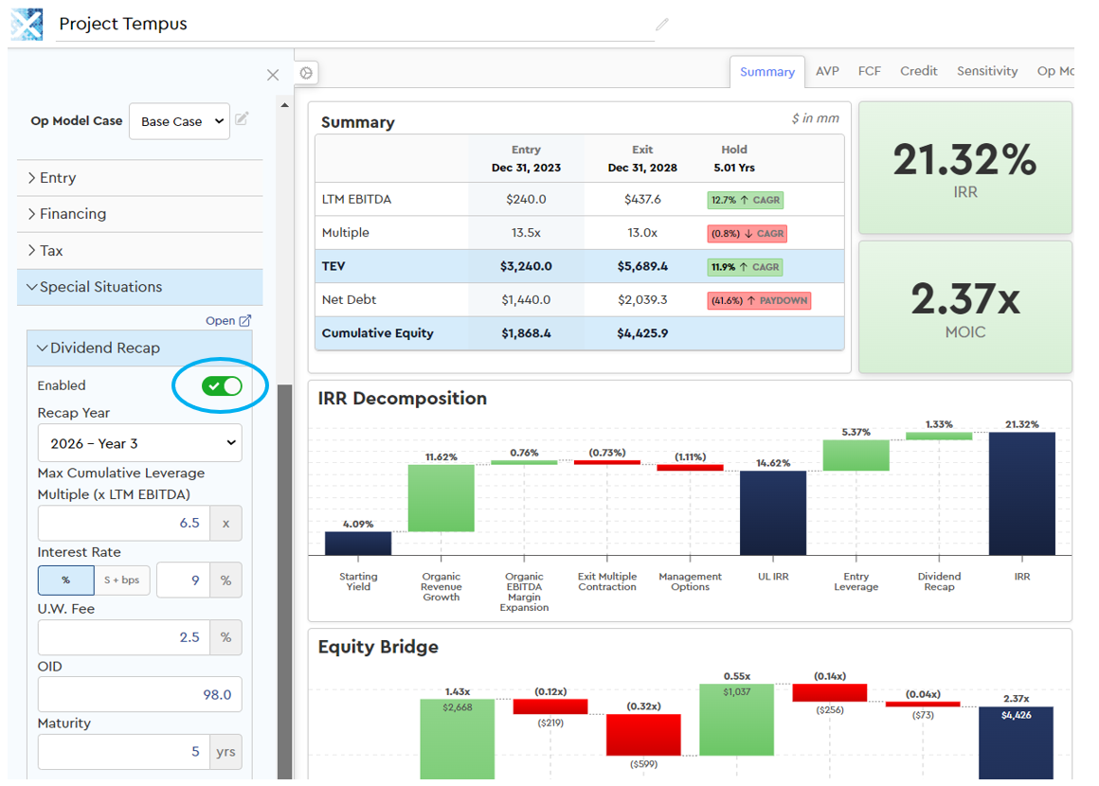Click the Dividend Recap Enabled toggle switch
coord(222,385)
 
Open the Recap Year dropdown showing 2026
coord(139,443)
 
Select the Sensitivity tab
coord(986,71)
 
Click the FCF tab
coord(869,71)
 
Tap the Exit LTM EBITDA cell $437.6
coord(642,200)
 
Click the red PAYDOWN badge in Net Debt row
coord(759,301)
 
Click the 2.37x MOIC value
coord(964,299)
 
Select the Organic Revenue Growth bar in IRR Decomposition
coord(441,498)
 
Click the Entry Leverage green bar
coord(856,456)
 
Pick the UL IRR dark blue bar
coord(773,512)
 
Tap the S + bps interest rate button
coord(122,581)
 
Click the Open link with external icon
coord(228,321)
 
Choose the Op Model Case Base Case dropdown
coord(179,121)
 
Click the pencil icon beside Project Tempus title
coord(661,25)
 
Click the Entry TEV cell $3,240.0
coord(526,267)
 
